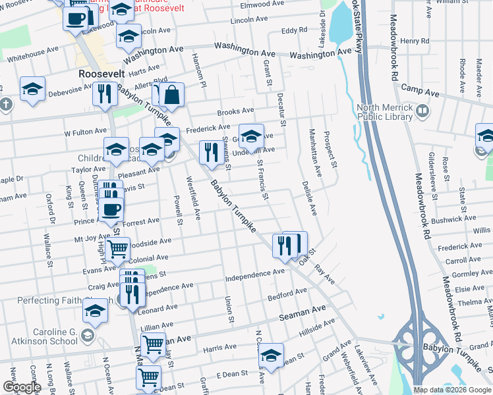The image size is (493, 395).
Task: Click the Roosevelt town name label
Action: (101, 74)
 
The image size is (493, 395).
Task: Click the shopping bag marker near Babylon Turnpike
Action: (171, 95)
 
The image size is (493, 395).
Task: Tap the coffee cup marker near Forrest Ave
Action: (111, 209)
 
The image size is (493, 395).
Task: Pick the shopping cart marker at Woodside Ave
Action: (117, 249)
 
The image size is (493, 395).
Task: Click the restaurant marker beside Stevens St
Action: (210, 153)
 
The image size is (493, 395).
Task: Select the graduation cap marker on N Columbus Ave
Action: (270, 355)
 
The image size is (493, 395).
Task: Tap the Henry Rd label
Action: (415, 41)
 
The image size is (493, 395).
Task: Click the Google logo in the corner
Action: (21, 387)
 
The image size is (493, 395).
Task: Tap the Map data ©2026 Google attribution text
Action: (451, 390)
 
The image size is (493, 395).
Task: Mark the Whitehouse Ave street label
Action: (33, 52)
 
